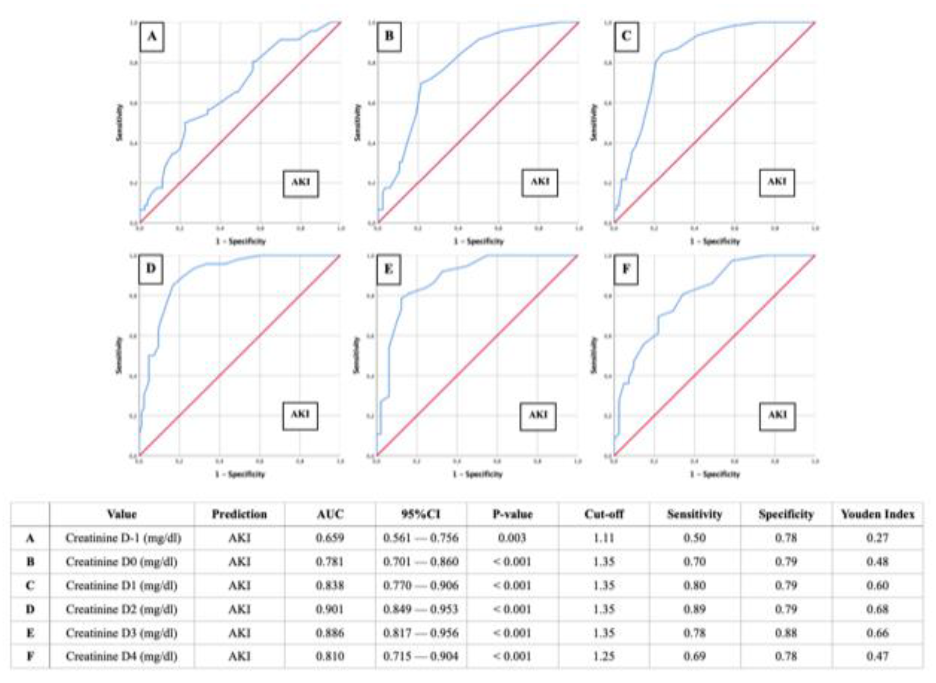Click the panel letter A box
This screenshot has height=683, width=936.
pos(152,37)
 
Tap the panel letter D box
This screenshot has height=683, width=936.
pos(151,269)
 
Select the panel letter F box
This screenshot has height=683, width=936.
pos(626,270)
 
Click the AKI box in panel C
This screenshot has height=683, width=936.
pos(777,182)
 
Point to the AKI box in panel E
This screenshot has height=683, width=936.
pos(538,415)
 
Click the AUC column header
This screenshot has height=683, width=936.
pos(330,514)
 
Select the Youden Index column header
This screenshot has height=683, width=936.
pos(877,514)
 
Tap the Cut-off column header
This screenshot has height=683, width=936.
pos(604,514)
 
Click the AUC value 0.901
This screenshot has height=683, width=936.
pos(330,609)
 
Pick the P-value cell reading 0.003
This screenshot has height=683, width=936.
pos(512,538)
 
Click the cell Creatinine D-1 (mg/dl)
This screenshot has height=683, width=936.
pos(123,538)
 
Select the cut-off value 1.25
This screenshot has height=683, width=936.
pos(604,656)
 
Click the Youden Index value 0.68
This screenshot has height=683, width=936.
pos(877,609)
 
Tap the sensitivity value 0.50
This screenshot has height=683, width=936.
pos(694,538)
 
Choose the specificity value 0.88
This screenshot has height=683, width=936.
pos(786,633)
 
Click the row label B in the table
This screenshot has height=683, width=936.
pos(30,561)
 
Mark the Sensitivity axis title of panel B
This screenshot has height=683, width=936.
pos(357,122)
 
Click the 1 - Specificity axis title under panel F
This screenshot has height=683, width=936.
pos(714,474)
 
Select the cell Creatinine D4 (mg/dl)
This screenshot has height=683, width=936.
pos(122,656)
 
